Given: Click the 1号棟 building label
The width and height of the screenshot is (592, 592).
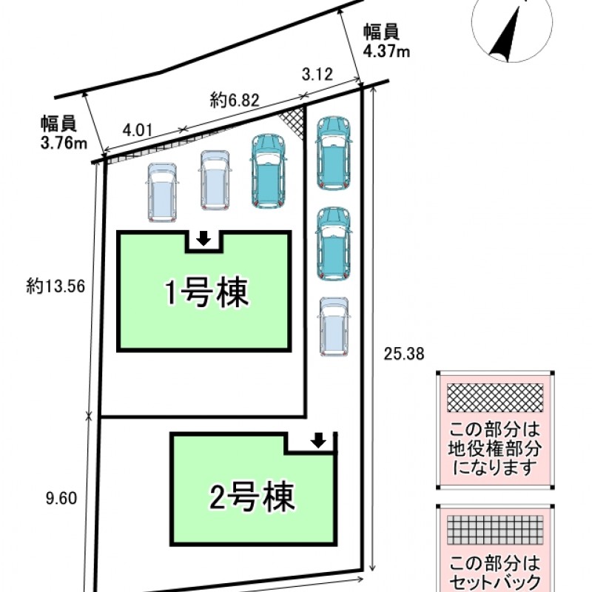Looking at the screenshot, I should [205, 294].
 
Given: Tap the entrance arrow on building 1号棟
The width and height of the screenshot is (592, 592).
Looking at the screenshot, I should [203, 239].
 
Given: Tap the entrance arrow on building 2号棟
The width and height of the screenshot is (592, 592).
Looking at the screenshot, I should [318, 441].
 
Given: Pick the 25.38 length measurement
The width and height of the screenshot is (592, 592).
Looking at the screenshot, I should [404, 354].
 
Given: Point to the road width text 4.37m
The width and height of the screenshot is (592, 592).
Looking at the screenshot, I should [386, 52].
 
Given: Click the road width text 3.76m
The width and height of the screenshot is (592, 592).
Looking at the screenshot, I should [64, 144].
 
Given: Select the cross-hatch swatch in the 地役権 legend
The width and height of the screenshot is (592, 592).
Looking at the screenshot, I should [492, 400].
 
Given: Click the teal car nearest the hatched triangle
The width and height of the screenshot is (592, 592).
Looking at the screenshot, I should [268, 171].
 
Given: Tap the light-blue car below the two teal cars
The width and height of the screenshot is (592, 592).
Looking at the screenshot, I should [334, 326].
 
